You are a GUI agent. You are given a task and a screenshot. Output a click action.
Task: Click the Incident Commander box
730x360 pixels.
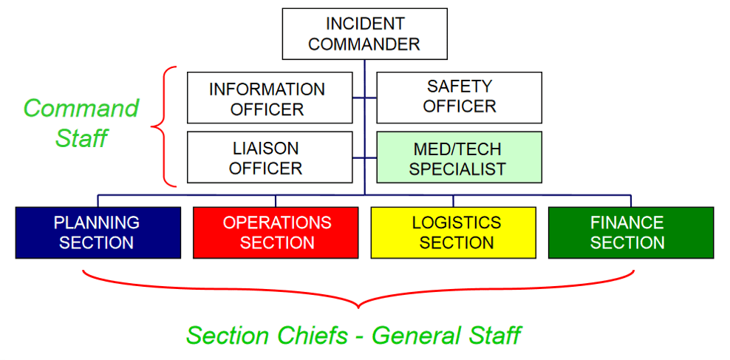tap(364, 34)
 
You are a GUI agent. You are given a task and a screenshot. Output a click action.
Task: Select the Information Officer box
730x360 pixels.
tap(269, 98)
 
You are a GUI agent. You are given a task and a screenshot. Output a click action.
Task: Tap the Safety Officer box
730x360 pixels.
tap(459, 98)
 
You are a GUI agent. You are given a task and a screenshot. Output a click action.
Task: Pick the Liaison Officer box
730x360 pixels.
tap(269, 157)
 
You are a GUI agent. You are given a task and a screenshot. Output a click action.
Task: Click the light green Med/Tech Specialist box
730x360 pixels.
tap(459, 157)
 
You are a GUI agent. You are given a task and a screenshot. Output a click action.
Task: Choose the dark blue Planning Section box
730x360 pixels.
tap(98, 232)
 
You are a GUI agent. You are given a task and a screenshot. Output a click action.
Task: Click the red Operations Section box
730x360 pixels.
tap(276, 232)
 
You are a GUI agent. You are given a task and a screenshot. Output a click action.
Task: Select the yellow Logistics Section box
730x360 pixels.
tap(453, 232)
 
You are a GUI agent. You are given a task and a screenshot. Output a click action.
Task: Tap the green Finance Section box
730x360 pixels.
tap(630, 232)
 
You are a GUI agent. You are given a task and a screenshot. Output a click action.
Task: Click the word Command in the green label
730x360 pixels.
tap(81, 109)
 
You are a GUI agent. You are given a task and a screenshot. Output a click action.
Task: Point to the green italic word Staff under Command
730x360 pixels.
tap(81, 137)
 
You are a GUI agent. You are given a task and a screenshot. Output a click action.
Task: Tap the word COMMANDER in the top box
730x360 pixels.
tap(364, 44)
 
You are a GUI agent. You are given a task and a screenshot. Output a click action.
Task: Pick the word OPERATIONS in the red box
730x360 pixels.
tap(277, 223)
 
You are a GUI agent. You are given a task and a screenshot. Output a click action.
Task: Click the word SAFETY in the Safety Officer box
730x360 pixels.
tap(459, 86)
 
